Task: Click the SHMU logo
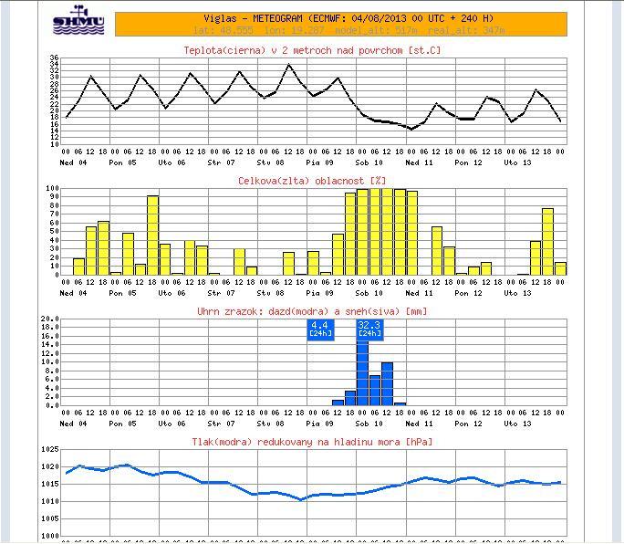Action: (78, 21)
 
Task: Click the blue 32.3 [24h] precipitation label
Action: (369, 330)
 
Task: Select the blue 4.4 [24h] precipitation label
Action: (319, 330)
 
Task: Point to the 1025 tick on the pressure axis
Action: (49, 450)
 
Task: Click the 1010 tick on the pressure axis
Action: (49, 501)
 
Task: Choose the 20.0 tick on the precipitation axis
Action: (50, 319)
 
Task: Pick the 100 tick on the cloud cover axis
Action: (52, 189)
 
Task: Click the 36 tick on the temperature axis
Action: (54, 58)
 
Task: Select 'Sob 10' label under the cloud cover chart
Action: (369, 293)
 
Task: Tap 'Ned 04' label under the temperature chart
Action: (73, 162)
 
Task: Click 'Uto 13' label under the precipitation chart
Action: (517, 424)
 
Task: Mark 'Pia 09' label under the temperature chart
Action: (319, 162)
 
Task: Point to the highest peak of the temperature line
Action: (290, 65)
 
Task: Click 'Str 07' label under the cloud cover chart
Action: (221, 293)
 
